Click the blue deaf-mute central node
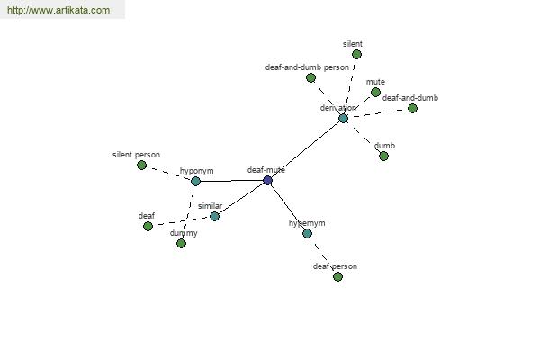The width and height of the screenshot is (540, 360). pos(267,180)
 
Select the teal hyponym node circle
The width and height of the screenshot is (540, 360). pos(195,181)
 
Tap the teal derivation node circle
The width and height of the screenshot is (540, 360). pos(344,119)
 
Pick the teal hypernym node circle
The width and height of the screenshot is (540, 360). pos(307,234)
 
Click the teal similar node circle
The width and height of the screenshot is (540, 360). pos(214,216)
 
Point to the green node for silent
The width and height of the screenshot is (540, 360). pos(356,54)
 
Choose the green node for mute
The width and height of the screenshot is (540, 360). pos(375,93)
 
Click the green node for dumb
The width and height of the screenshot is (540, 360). pos(383,156)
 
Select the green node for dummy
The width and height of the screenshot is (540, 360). pos(181,244)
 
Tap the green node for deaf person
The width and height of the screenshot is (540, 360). pos(337,276)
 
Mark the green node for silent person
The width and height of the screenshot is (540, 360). pos(141,166)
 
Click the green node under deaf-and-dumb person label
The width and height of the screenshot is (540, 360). pos(310,78)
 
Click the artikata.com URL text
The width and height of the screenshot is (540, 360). pos(58,10)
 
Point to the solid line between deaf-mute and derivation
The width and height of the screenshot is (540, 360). pos(305,149)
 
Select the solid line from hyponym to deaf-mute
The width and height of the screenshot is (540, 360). pos(231,181)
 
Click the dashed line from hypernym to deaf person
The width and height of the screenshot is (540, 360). pos(322,255)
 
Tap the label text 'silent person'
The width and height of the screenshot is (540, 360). pos(137,155)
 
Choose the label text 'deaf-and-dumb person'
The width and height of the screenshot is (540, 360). pos(307,67)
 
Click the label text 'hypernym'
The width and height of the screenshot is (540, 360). pos(307,223)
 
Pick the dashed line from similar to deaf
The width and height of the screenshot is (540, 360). pos(181,221)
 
